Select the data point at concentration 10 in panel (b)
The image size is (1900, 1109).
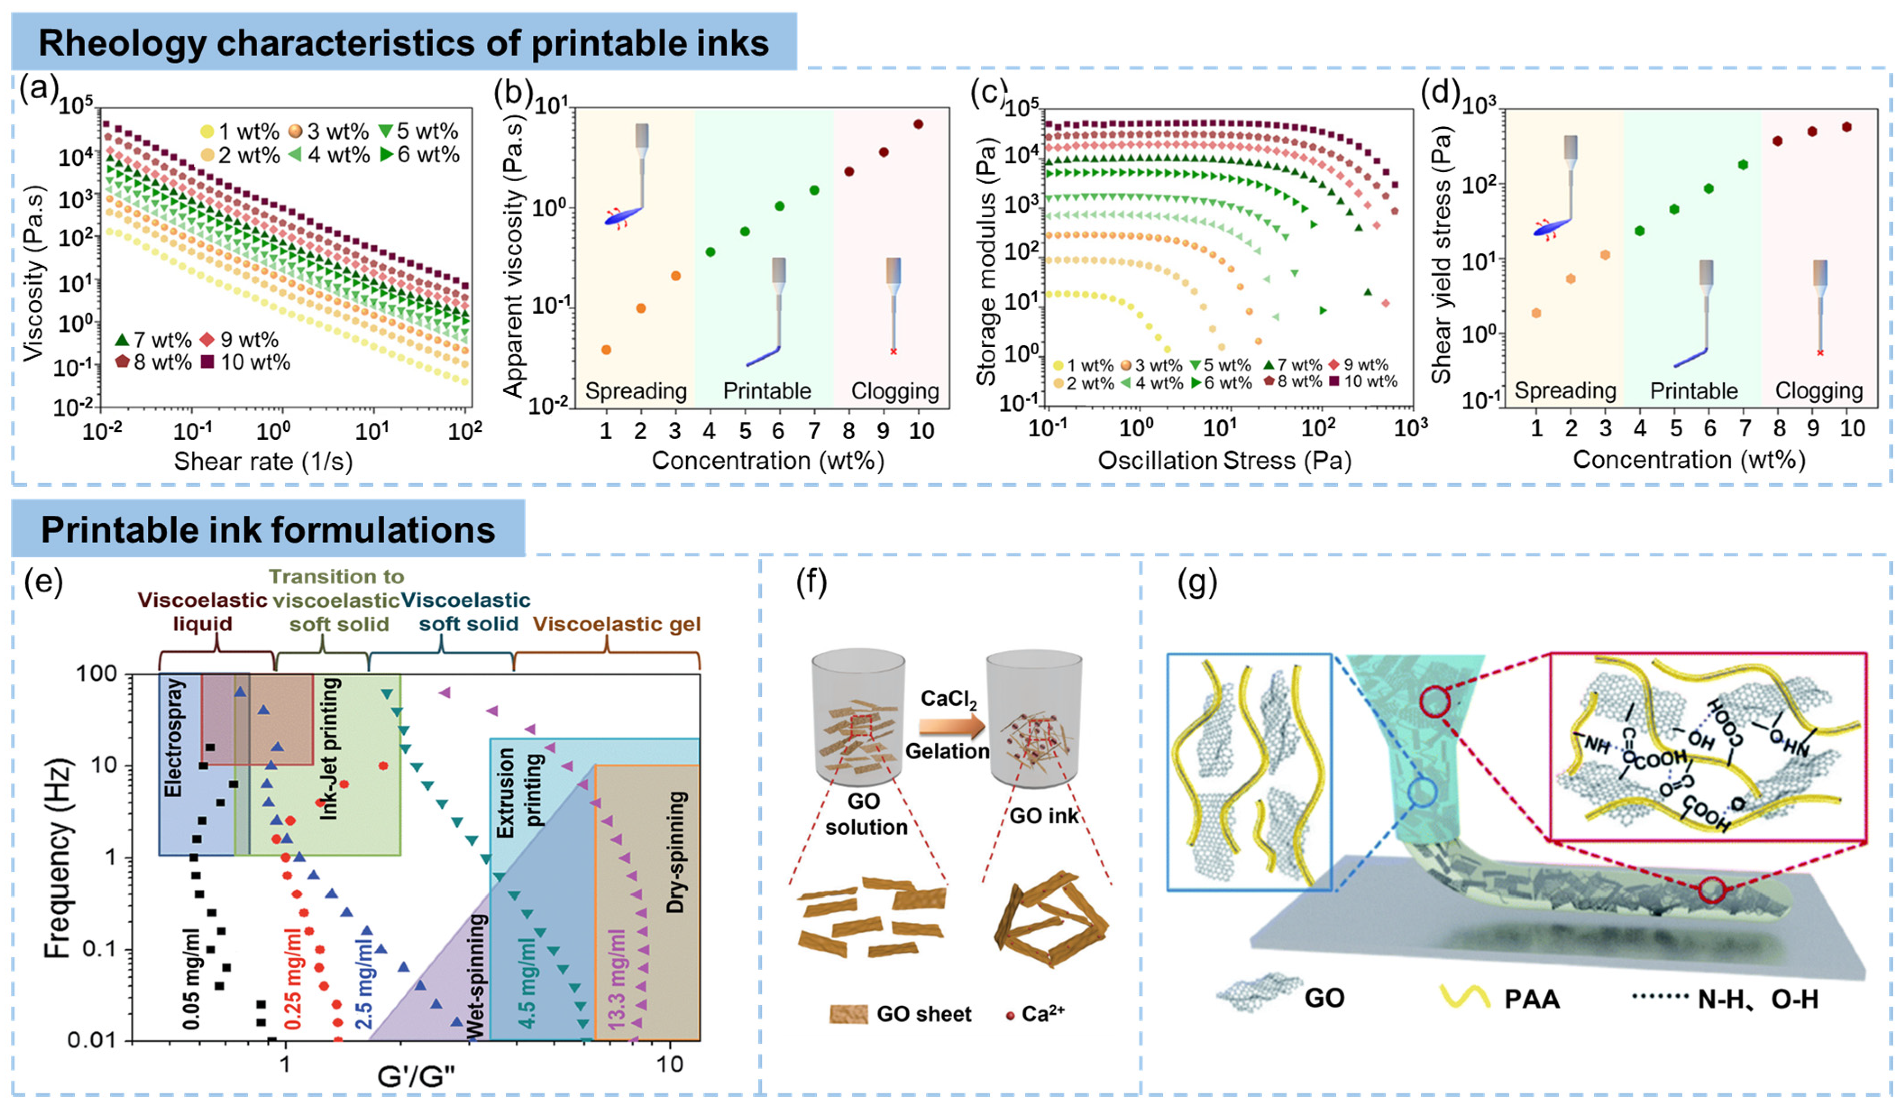(918, 124)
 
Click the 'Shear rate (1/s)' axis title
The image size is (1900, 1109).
(263, 461)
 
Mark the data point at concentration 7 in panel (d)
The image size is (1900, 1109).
(1742, 165)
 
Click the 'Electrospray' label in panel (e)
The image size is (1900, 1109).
(174, 738)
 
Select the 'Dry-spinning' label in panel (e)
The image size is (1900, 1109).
(676, 852)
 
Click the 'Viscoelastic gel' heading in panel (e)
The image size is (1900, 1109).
(617, 624)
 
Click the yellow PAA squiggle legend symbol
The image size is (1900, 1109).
(1465, 997)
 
